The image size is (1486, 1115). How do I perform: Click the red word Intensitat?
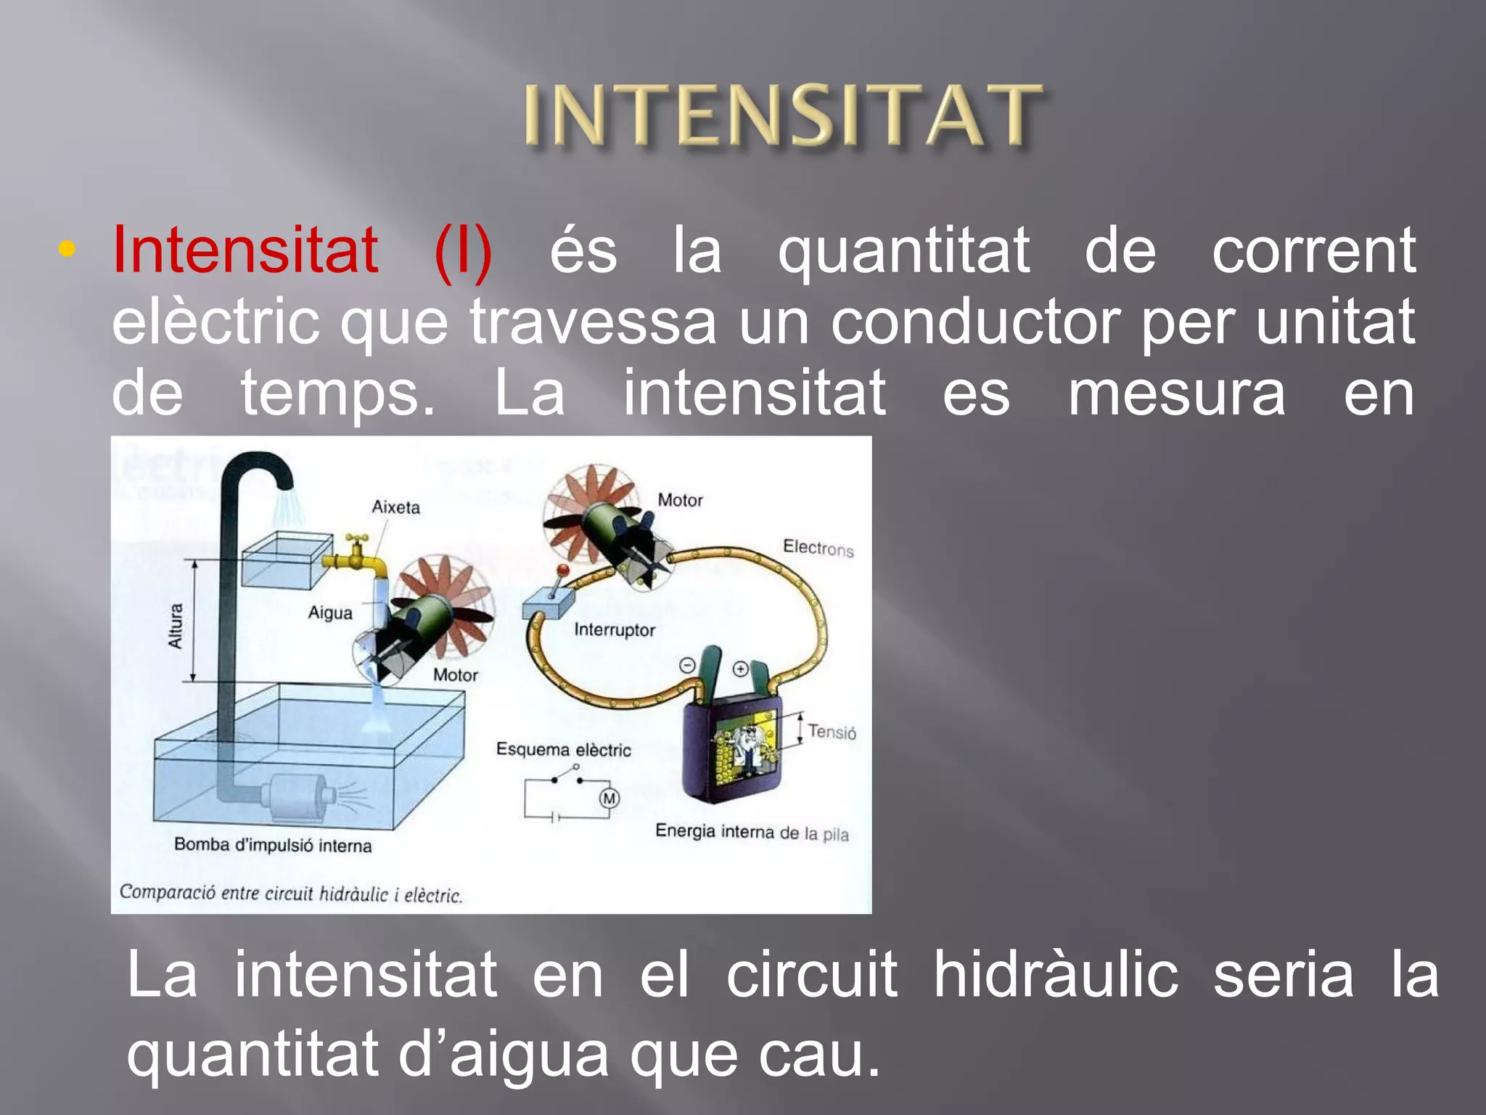pos(245,250)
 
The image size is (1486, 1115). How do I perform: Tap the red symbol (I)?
pos(463,252)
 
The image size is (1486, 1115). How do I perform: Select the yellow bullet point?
pos(67,250)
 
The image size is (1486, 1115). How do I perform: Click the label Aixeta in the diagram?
pos(395,507)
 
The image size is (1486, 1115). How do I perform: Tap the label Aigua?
pos(330,613)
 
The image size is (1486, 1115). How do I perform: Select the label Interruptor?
pos(614,630)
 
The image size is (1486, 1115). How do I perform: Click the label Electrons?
pos(818,548)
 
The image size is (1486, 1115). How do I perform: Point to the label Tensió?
pos(832,732)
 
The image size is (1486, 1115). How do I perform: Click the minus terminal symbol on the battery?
pos(687,665)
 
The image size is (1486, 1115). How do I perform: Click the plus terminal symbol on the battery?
pos(740,669)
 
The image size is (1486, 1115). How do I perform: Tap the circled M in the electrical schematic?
pos(609,799)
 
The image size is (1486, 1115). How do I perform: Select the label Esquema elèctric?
pos(563,750)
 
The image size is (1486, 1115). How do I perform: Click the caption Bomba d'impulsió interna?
pos(273,845)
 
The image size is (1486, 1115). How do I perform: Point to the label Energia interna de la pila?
pos(752,832)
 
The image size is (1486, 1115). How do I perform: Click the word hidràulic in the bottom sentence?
pos(1056,974)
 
